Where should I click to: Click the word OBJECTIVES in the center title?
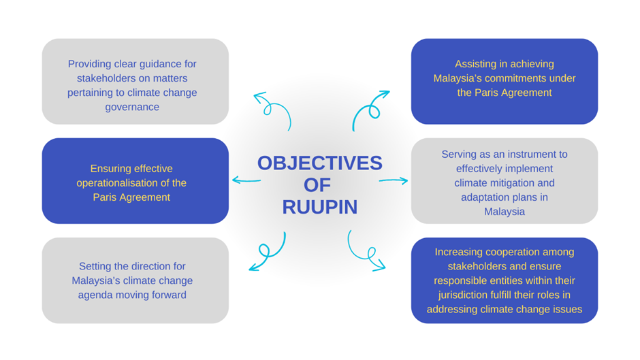coord(319,163)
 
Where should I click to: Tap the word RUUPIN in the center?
coord(319,207)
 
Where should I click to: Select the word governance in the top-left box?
coord(132,107)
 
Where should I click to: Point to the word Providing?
coord(89,64)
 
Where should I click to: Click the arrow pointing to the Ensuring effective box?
coord(246,180)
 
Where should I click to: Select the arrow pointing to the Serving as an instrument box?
coord(394,180)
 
